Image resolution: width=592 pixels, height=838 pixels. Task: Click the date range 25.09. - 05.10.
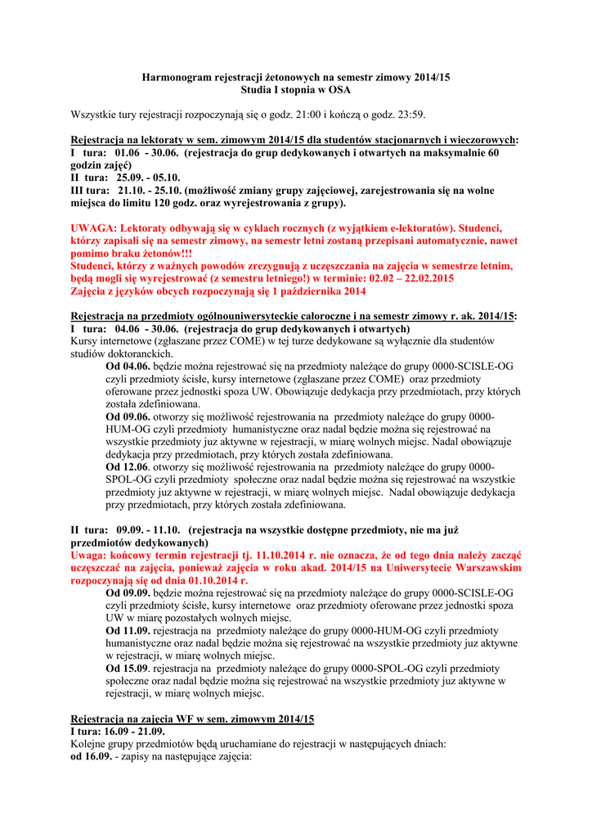pos(149,177)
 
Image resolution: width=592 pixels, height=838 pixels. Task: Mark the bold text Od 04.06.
pos(128,366)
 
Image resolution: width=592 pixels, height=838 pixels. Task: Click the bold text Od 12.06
pos(128,466)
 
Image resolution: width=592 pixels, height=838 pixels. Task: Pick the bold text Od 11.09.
pos(128,631)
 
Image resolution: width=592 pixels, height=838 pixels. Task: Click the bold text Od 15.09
pos(128,669)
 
